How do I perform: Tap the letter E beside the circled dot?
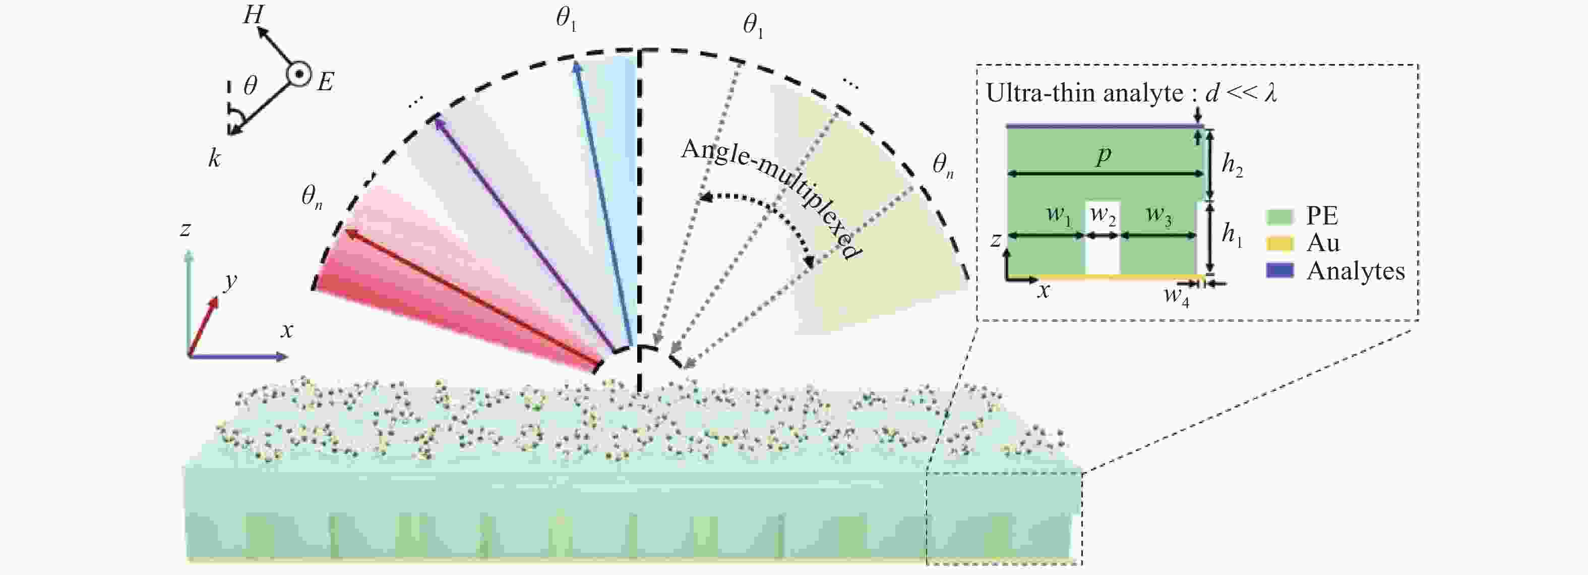[x=326, y=81]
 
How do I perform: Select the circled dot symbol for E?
[x=298, y=75]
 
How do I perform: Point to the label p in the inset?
[x=1104, y=155]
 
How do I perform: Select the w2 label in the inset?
[x=1103, y=215]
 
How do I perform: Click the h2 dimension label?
[x=1232, y=165]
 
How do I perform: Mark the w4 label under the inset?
[x=1176, y=296]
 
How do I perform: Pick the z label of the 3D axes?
[x=185, y=230]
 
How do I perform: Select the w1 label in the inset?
[x=1059, y=215]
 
